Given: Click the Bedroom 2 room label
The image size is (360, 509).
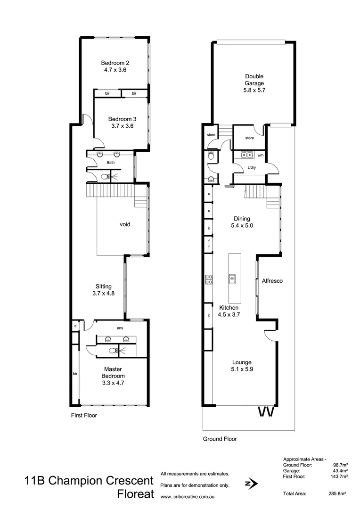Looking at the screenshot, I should coord(115,63).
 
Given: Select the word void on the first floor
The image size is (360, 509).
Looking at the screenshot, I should coord(124,224).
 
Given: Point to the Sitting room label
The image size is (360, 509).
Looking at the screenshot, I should coord(104,286).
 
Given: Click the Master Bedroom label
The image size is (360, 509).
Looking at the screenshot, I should coord(114,373).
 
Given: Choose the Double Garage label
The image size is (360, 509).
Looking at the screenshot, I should coord(254,80).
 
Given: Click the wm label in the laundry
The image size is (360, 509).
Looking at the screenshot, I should coord(260,155).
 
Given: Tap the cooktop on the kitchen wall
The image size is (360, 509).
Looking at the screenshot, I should coord(208,279).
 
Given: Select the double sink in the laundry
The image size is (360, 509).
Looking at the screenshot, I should coord(247,155).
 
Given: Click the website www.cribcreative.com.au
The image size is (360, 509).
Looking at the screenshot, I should coord(188,497).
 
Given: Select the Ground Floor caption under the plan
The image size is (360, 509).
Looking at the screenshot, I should coord(220,439).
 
